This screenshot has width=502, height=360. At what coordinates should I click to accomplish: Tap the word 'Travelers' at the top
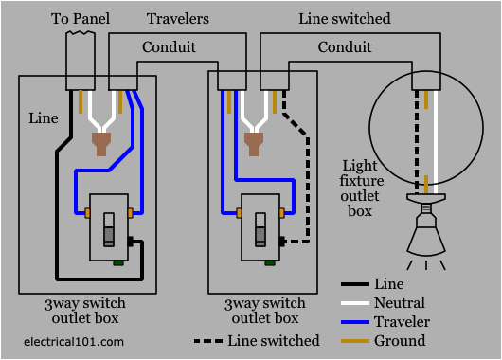tap(177, 18)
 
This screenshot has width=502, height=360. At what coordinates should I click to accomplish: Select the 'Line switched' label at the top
tap(344, 18)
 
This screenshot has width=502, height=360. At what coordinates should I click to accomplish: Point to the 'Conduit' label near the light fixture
tap(344, 46)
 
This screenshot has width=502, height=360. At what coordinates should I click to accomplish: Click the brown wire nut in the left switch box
tap(98, 145)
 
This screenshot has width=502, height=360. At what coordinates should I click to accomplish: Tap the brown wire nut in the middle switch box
tap(252, 145)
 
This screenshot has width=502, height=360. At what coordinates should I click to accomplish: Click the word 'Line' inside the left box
tap(43, 118)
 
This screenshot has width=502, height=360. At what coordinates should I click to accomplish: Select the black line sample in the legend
tap(356, 283)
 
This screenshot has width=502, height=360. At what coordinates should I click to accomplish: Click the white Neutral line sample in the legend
tap(356, 302)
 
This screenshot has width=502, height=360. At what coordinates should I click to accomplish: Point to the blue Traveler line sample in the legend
tap(356, 321)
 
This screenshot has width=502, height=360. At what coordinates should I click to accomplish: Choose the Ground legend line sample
tap(356, 340)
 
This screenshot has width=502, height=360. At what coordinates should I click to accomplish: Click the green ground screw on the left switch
tap(117, 263)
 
